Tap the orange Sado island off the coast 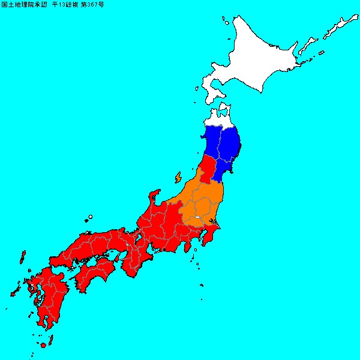point(178,178)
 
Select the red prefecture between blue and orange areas point(206,171)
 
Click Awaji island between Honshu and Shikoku point(122,258)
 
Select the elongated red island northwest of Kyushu point(22,259)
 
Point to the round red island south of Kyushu point(43,346)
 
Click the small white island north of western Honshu point(90,217)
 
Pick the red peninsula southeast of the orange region point(209,238)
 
